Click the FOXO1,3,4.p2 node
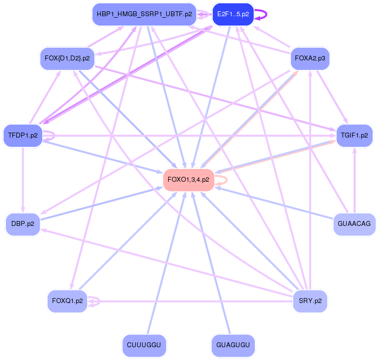188,179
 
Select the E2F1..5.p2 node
233,14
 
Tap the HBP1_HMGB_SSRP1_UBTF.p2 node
145,14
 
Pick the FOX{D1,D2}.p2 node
67,58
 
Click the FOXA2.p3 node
310,58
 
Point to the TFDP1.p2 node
23,135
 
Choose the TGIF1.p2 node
354,135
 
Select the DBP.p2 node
23,224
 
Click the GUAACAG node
354,223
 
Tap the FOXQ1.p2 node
67,301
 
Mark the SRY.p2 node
310,301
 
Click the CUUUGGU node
144,345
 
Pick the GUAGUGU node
233,345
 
